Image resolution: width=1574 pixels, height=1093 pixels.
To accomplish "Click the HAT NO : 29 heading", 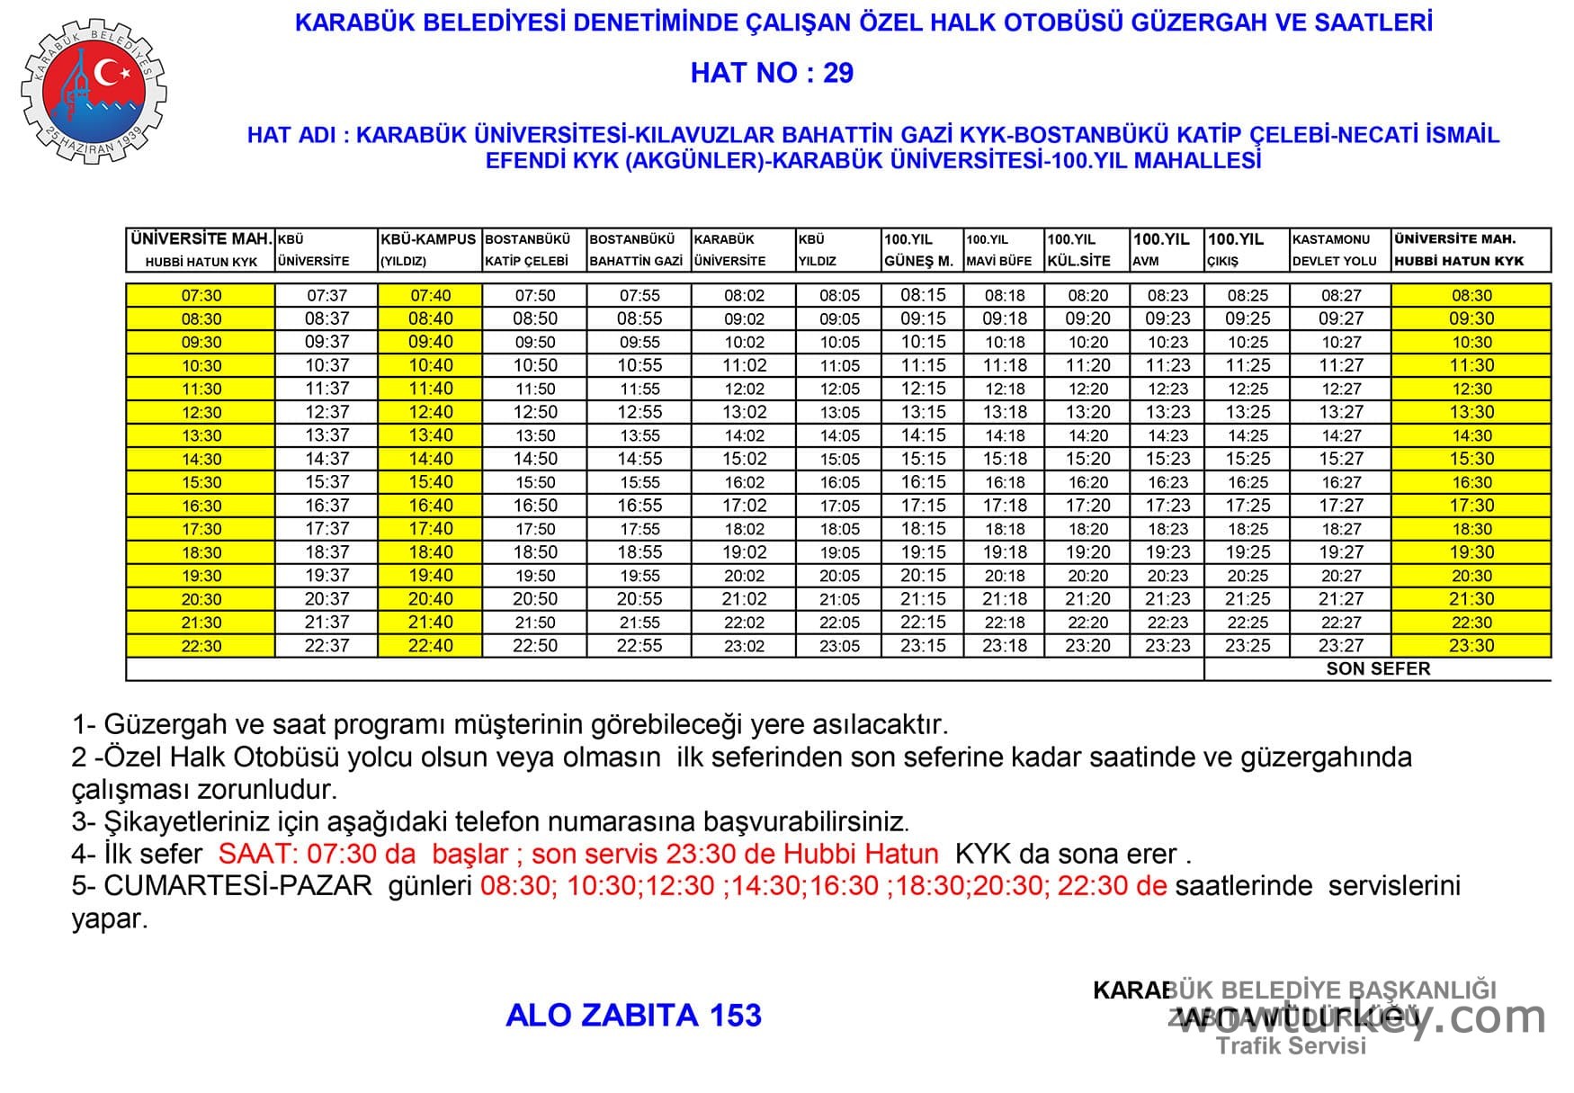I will click(772, 73).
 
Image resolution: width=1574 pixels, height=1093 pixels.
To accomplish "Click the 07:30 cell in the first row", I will click(201, 295).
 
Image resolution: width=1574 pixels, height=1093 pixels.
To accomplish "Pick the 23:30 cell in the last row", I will click(1471, 646).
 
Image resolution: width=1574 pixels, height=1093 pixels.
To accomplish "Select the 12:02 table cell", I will click(744, 389).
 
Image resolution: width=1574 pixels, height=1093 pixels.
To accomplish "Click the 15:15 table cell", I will click(923, 459).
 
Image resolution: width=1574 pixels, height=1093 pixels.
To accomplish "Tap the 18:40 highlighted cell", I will click(430, 552).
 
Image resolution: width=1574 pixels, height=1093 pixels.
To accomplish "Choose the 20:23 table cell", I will click(1167, 576).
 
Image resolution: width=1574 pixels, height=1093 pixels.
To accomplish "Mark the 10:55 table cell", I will click(639, 365).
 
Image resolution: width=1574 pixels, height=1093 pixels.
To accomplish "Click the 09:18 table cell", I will click(1005, 318).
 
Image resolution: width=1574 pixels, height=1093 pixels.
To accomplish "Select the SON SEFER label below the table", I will click(1378, 668).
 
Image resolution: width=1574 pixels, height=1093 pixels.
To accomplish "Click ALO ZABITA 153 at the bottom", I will click(633, 1015).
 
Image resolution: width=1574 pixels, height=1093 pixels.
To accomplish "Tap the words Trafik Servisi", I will click(1291, 1045).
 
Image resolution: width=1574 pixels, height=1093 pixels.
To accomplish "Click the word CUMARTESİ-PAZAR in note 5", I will click(237, 885).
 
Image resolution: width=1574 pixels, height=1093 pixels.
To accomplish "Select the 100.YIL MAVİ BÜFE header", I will click(1003, 250).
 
